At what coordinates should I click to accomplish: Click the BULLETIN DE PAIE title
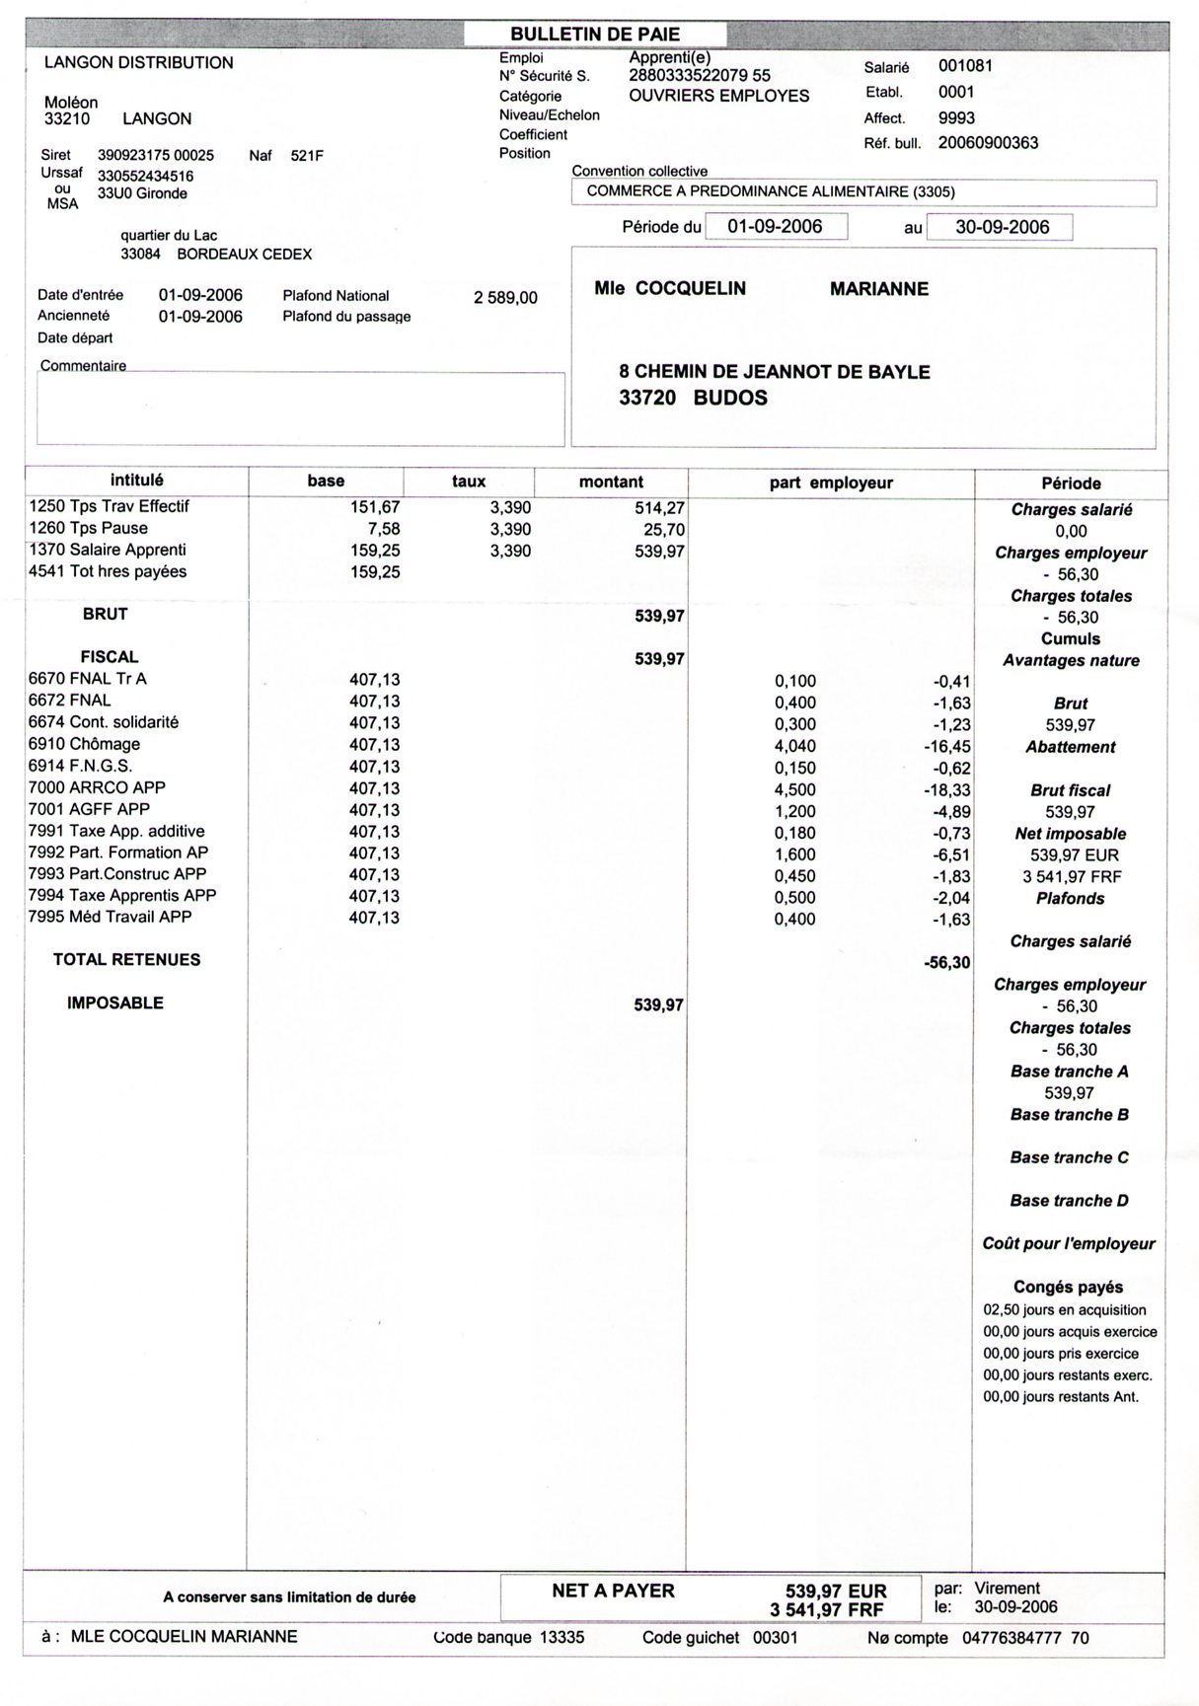[594, 35]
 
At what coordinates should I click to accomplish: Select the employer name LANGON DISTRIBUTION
[139, 63]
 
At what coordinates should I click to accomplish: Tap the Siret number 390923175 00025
[156, 155]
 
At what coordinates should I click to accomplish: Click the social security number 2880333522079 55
[700, 75]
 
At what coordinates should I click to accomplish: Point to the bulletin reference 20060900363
[988, 143]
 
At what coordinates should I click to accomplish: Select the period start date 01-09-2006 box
[775, 226]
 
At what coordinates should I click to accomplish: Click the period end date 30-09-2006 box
[1002, 227]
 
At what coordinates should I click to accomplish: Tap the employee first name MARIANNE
[878, 289]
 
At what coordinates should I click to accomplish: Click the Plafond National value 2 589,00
[505, 297]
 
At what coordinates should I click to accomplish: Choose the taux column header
[469, 482]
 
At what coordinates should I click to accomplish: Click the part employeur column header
[831, 482]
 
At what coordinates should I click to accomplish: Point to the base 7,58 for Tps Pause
[383, 529]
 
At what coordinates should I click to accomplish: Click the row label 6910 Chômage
[85, 744]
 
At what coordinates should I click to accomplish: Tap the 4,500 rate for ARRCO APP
[794, 788]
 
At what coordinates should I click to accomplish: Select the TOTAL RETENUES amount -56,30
[946, 962]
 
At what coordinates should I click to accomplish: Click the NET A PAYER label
[613, 1592]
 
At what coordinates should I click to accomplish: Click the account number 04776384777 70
[1025, 1638]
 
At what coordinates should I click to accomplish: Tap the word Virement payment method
[1007, 1589]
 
